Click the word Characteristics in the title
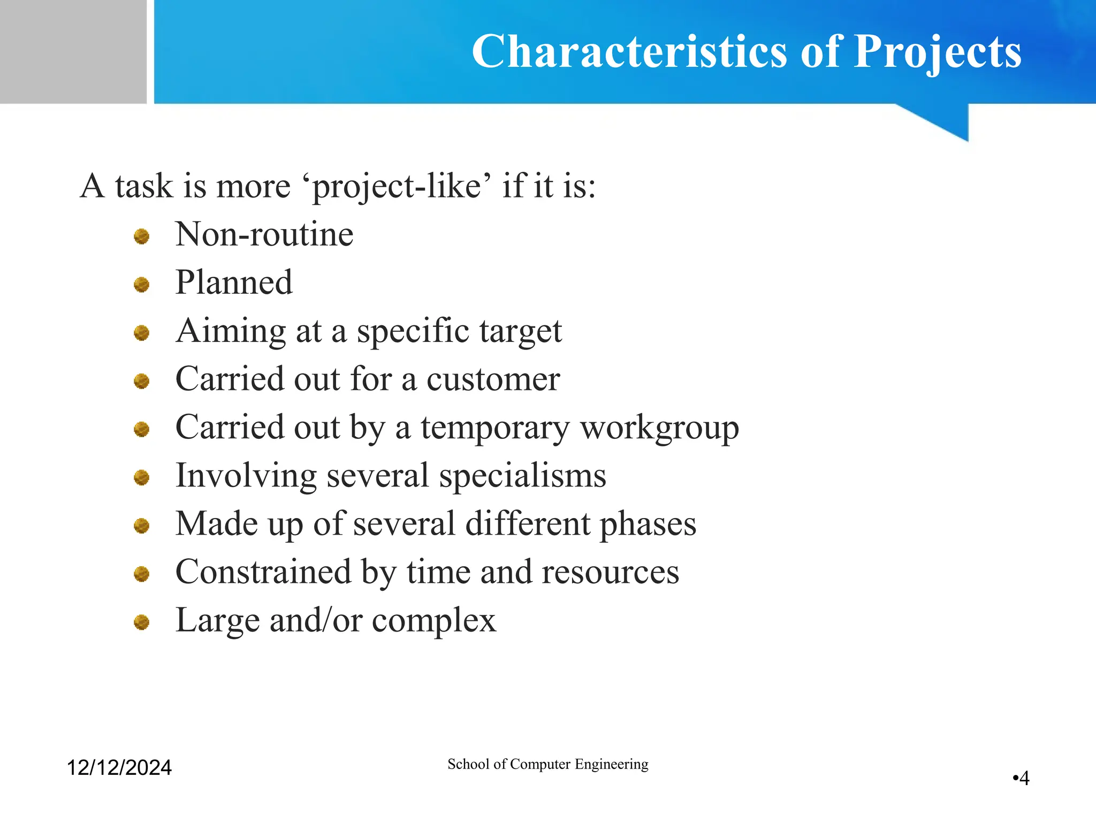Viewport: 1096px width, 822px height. click(629, 51)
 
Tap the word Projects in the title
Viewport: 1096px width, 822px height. click(937, 51)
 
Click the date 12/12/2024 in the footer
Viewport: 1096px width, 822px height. click(119, 767)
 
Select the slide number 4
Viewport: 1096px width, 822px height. click(1024, 778)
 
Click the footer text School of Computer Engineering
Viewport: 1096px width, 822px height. click(547, 764)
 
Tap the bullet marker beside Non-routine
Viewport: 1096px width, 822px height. click(141, 236)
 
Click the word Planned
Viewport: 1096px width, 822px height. click(234, 282)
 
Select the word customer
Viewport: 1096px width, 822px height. click(493, 379)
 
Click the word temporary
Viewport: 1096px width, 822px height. click(495, 428)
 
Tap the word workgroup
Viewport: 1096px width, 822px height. click(659, 428)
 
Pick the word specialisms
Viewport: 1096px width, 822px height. click(522, 476)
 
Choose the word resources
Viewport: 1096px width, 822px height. click(610, 572)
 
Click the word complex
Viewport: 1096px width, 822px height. click(434, 621)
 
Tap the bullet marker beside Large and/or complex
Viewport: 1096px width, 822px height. click(141, 622)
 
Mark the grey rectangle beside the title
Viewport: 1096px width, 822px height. click(73, 51)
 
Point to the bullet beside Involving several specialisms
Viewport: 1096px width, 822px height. click(141, 477)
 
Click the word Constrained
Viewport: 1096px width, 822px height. click(263, 572)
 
